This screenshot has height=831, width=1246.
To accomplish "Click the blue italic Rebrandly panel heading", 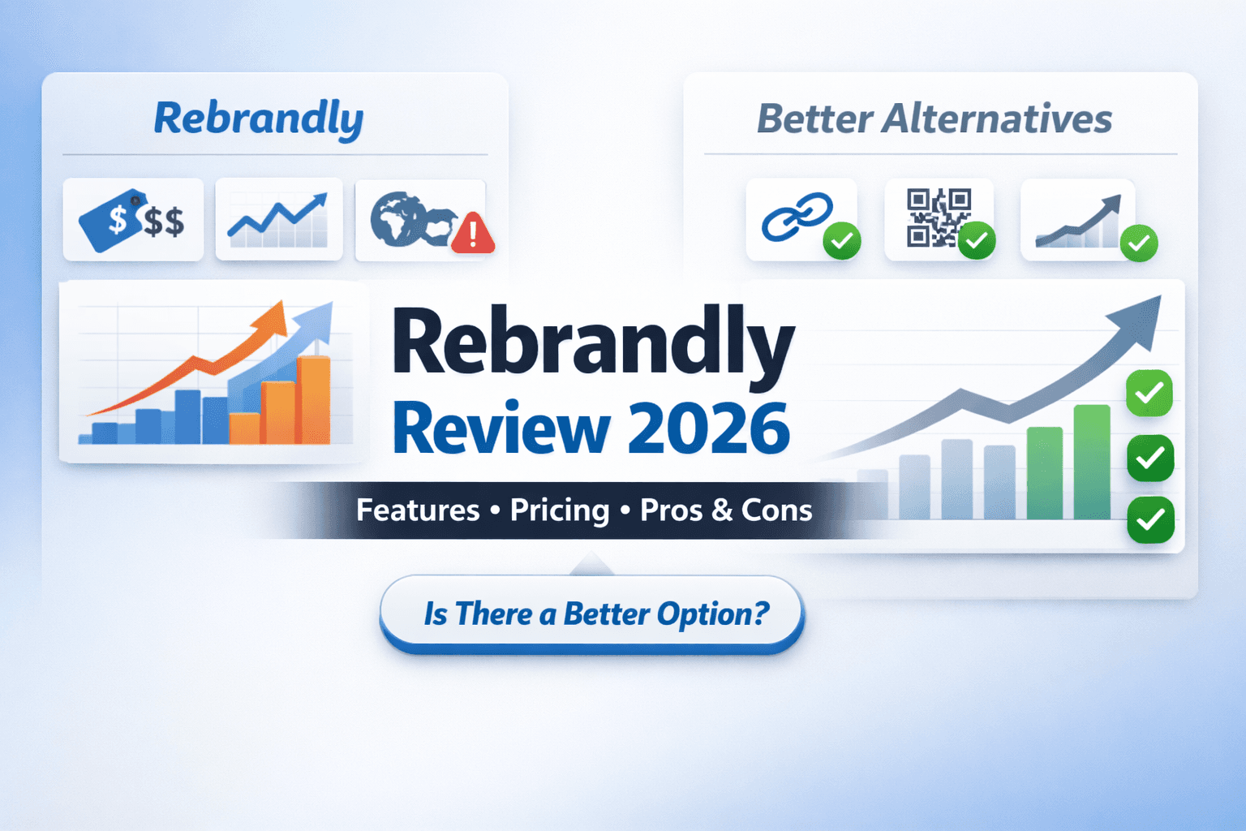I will click(x=259, y=119).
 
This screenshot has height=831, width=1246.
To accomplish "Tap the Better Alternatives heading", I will click(x=934, y=119).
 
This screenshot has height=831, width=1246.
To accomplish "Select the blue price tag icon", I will click(x=112, y=220).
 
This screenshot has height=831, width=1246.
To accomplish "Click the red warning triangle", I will click(x=472, y=235).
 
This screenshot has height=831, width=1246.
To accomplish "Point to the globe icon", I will click(x=397, y=218).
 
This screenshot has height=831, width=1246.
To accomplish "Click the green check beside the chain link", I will click(x=842, y=241).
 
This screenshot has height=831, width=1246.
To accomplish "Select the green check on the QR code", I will click(x=977, y=241).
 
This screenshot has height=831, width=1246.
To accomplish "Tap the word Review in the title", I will click(x=501, y=429).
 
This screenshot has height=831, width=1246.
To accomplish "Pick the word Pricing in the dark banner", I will click(x=560, y=510).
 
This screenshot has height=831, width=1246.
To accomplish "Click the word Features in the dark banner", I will click(x=418, y=510).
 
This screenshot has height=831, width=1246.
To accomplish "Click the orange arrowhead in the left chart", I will click(x=276, y=317).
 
